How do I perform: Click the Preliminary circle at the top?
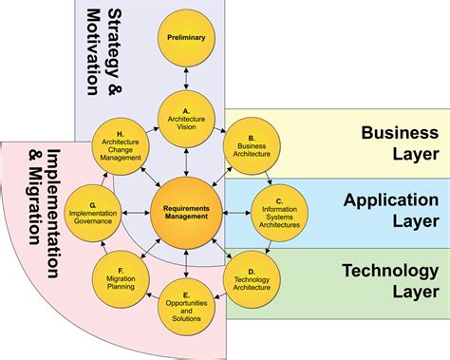click(x=186, y=39)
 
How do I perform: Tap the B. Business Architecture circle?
click(x=251, y=143)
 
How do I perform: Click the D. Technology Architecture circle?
click(x=251, y=276)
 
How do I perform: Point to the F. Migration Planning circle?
click(x=120, y=276)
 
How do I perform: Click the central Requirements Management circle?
click(x=186, y=210)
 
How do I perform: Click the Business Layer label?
click(x=398, y=142)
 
